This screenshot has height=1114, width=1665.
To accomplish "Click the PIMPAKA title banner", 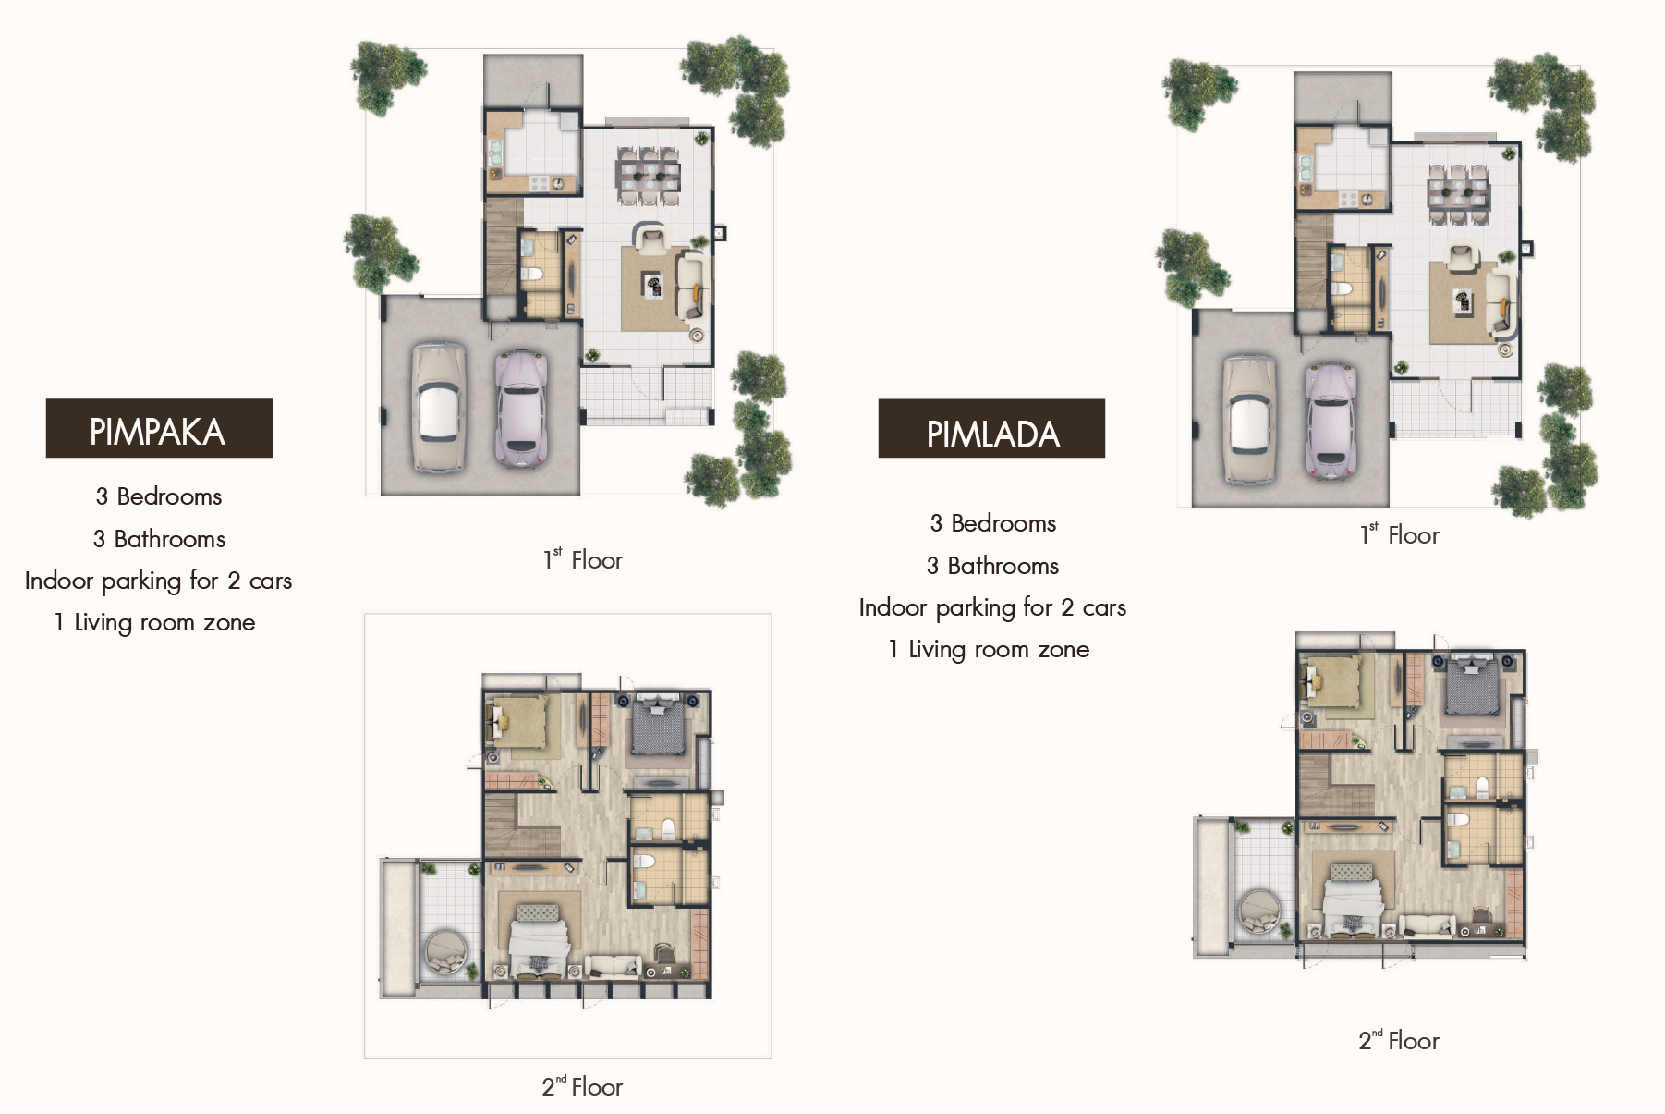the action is pyautogui.click(x=159, y=428).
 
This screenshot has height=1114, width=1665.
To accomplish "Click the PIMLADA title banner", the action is pyautogui.click(x=991, y=428).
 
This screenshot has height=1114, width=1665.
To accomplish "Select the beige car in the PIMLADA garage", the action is pyautogui.click(x=1249, y=421).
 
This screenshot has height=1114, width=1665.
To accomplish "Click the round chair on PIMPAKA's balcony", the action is pyautogui.click(x=447, y=952).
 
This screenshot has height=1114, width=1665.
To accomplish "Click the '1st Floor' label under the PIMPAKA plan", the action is pyautogui.click(x=583, y=559).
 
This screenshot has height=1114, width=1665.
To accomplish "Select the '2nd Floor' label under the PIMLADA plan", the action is pyautogui.click(x=1399, y=1040).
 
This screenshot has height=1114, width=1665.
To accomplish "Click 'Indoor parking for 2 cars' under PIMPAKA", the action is pyautogui.click(x=158, y=581).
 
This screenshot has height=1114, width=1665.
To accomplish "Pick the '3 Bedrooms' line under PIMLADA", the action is pyautogui.click(x=992, y=523).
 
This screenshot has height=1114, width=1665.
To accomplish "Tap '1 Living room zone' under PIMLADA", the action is pyautogui.click(x=989, y=649).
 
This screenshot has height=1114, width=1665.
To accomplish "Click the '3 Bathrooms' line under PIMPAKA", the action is pyautogui.click(x=159, y=539).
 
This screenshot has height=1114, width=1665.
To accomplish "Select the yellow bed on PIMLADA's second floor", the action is pyautogui.click(x=1331, y=683).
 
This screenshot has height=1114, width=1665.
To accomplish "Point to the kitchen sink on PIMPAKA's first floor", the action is pyautogui.click(x=495, y=153).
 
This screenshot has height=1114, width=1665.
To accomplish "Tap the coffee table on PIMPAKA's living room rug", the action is pyautogui.click(x=653, y=286).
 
